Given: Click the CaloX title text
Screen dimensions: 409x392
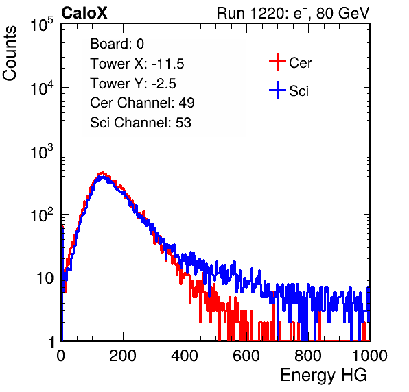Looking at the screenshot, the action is [x=84, y=13].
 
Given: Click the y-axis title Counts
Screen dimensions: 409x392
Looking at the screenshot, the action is [x=10, y=53].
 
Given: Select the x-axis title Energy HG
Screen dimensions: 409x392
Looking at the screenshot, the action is [x=323, y=376].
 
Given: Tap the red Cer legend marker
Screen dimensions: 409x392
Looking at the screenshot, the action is [x=277, y=62].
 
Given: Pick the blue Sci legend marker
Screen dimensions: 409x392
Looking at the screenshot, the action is [x=277, y=90].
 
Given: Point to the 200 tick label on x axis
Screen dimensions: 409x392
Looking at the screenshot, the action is [x=123, y=356].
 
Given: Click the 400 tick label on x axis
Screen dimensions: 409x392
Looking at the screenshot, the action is [x=185, y=356].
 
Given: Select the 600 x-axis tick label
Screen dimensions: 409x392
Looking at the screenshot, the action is [x=246, y=356].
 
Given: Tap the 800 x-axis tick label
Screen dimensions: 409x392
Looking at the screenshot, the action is [x=308, y=356].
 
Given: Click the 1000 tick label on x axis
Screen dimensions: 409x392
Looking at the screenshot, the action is [x=370, y=356].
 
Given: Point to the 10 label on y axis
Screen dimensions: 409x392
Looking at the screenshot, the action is [x=45, y=278].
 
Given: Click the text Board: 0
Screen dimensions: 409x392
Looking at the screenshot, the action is [x=117, y=44].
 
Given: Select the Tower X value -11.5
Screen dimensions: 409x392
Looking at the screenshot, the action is [x=168, y=64].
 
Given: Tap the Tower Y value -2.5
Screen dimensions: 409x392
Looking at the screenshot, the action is [x=164, y=84].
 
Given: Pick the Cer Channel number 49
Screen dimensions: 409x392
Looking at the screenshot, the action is [x=187, y=103].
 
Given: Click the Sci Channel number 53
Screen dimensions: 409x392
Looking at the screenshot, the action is [x=183, y=123].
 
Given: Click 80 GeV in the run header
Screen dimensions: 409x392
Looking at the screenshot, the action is [x=343, y=14].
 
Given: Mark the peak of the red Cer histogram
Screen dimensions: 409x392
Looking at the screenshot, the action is [x=103, y=173].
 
